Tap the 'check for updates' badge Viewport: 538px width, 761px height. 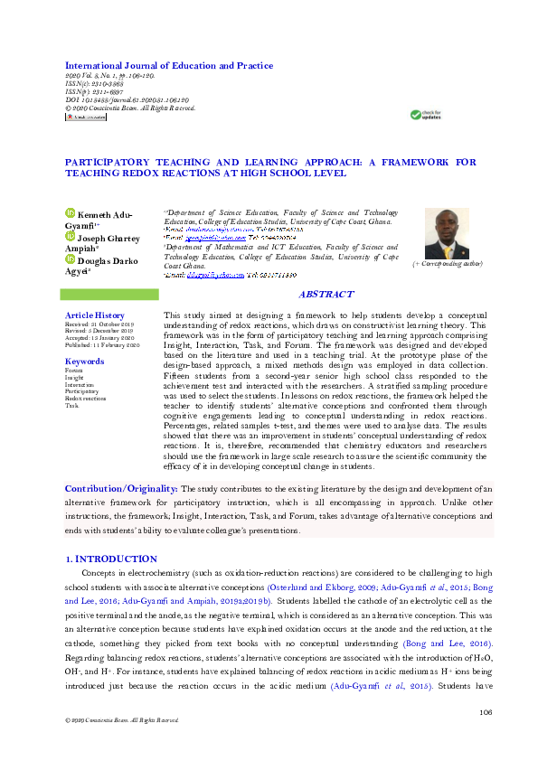pyautogui.click(x=427, y=115)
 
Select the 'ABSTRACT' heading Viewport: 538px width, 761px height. pyautogui.click(x=326, y=295)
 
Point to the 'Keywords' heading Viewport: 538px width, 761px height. pyautogui.click(x=84, y=362)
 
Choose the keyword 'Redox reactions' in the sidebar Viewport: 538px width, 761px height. pyautogui.click(x=85, y=398)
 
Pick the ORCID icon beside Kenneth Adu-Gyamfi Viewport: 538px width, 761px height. pyautogui.click(x=71, y=213)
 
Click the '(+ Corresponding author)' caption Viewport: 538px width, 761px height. pyautogui.click(x=448, y=263)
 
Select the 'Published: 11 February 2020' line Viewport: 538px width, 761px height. pyautogui.click(x=102, y=345)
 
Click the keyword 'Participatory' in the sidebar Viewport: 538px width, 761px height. pyautogui.click(x=83, y=391)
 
